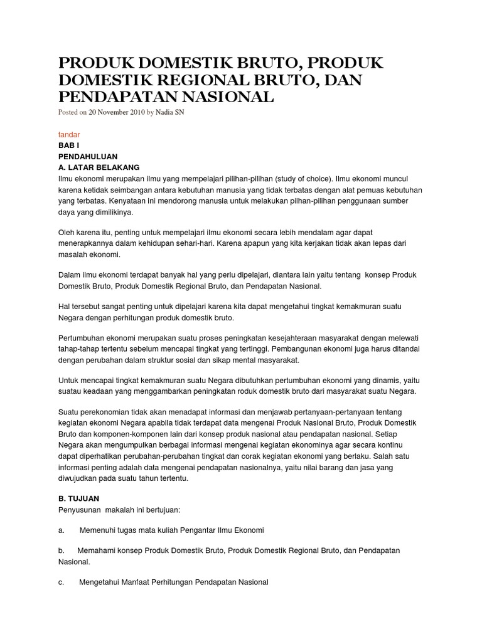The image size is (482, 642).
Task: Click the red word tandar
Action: (68, 134)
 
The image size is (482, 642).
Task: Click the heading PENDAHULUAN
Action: (87, 156)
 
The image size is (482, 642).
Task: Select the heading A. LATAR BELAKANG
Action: (99, 167)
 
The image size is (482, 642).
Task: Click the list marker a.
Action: (62, 530)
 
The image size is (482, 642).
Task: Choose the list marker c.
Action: (62, 582)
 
